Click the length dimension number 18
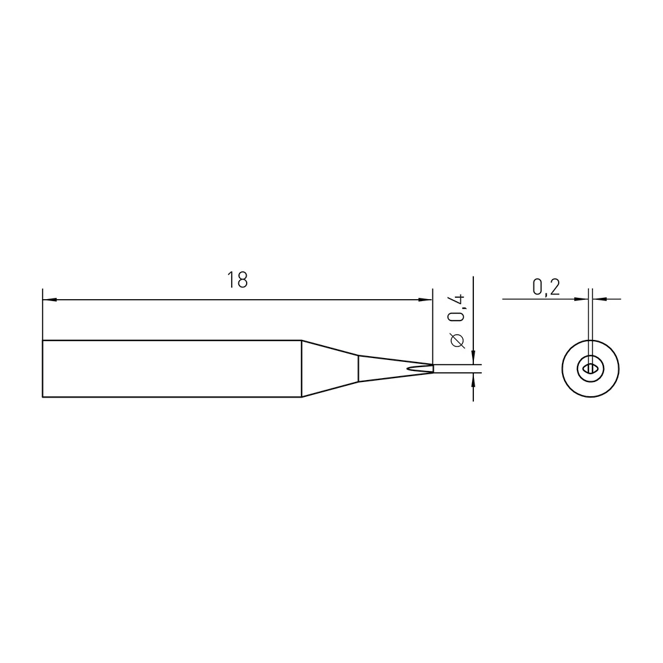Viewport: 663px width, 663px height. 237,280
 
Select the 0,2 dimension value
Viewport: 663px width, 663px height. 546,287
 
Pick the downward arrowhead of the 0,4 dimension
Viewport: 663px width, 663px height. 474,358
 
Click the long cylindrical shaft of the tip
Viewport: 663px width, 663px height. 172,368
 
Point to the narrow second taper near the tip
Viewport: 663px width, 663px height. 382,368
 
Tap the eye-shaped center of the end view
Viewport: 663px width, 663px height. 590,368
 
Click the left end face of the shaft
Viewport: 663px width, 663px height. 43,368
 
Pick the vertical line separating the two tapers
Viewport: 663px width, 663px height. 359,368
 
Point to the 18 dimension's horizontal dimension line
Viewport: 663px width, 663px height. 162,300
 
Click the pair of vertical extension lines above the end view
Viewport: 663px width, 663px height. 590,317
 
